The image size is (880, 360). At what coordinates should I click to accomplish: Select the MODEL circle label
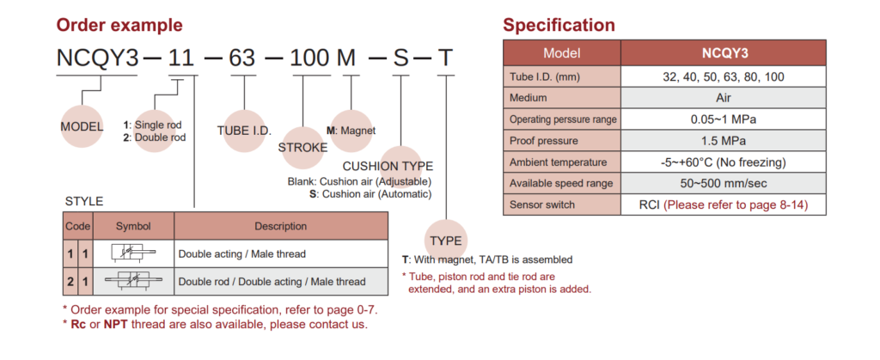pyautogui.click(x=82, y=127)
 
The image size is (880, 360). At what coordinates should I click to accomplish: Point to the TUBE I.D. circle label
pyautogui.click(x=244, y=131)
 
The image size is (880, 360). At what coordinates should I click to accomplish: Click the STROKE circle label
pyautogui.click(x=302, y=147)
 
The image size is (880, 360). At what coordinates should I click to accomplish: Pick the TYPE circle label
pyautogui.click(x=446, y=241)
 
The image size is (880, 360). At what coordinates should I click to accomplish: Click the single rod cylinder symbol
pyautogui.click(x=133, y=253)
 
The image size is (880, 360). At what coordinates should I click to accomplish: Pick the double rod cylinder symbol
pyautogui.click(x=133, y=281)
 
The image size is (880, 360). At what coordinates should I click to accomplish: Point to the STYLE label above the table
pyautogui.click(x=84, y=202)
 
